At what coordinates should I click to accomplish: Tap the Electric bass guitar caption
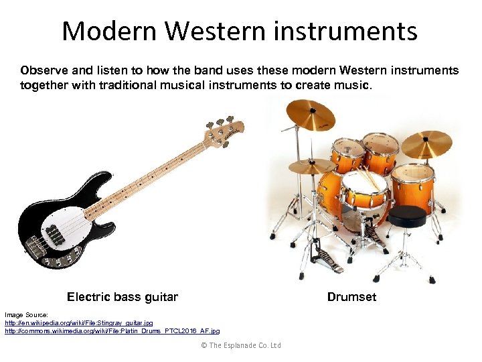click(x=123, y=296)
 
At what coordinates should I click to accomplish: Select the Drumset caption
click(x=351, y=296)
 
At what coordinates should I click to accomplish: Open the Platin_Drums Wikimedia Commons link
click(x=112, y=330)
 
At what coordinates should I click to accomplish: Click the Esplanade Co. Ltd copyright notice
click(x=240, y=345)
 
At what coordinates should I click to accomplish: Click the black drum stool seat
click(x=407, y=216)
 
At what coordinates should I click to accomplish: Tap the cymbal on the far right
click(x=426, y=143)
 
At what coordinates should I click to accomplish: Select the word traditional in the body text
click(x=143, y=85)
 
